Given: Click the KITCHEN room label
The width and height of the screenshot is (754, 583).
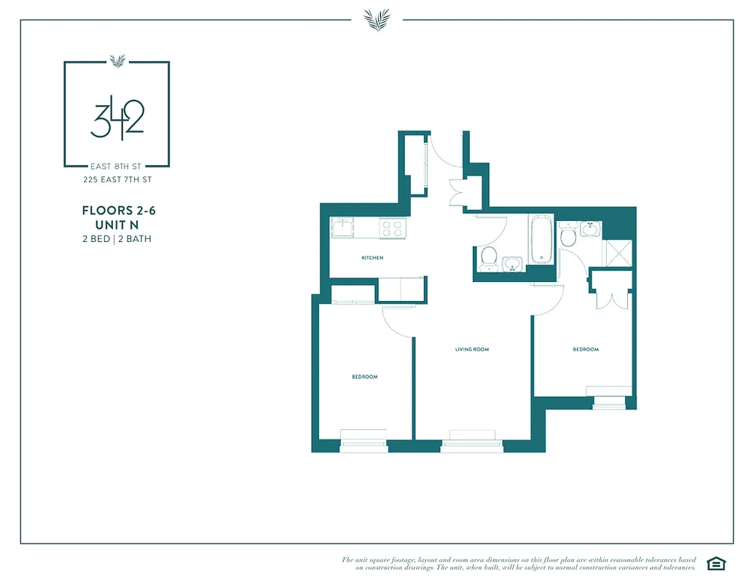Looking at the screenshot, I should [x=372, y=258].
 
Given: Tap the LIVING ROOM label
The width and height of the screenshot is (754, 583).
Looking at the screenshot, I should [x=471, y=350].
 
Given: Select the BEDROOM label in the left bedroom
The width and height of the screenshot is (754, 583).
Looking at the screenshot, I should [x=365, y=377].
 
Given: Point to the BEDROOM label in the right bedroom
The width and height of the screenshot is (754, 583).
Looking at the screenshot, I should [x=585, y=350].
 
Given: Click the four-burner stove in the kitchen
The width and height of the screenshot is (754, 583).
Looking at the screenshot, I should [x=392, y=227].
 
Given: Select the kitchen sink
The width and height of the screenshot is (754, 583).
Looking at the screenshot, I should [x=342, y=227].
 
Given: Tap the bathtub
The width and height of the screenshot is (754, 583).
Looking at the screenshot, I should [x=541, y=239].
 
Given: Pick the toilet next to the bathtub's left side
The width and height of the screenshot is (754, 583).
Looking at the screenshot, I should [x=489, y=256].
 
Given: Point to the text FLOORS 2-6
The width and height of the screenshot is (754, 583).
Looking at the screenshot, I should [x=119, y=211].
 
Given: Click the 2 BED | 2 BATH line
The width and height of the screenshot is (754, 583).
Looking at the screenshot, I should [x=117, y=238].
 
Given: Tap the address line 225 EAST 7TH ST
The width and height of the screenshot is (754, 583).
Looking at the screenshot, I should [x=117, y=179].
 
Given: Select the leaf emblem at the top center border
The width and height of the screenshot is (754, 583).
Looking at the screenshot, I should [x=377, y=20].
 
